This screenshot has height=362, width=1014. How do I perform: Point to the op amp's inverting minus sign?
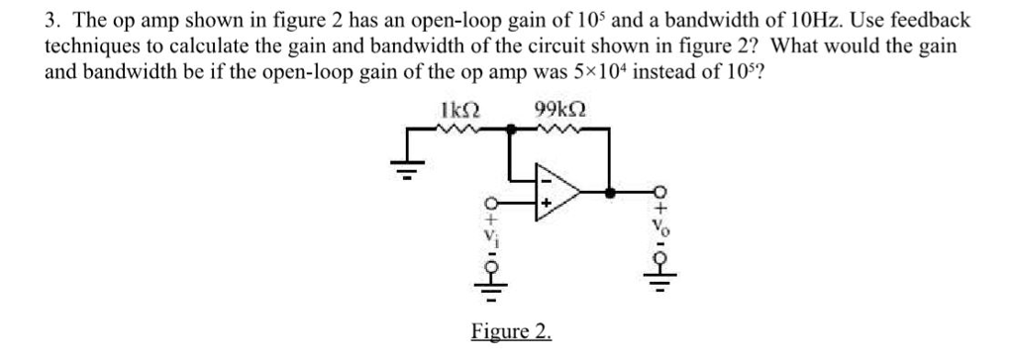coord(544,178)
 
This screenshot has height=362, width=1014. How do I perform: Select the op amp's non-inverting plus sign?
coord(544,208)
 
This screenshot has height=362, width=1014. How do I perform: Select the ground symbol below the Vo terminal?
coord(662,288)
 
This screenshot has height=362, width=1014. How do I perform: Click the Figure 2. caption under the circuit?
coord(511,331)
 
